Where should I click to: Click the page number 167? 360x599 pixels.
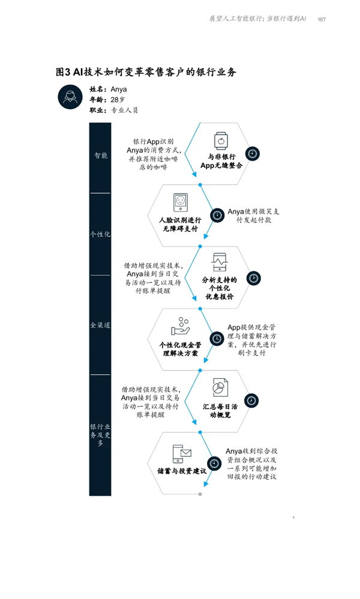(x=322, y=19)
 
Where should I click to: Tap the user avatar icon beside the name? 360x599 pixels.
(x=70, y=97)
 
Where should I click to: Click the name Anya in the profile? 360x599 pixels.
(x=118, y=89)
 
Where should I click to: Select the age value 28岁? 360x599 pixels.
(x=118, y=100)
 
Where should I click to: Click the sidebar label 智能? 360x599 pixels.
(x=101, y=155)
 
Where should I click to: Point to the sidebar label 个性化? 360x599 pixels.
(x=100, y=234)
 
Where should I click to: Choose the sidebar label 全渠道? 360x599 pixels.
(x=100, y=325)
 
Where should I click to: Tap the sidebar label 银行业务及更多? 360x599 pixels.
(x=100, y=435)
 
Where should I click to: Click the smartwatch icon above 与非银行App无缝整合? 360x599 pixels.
(x=221, y=140)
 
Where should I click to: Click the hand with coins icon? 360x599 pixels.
(x=181, y=327)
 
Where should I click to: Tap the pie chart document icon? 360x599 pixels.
(x=220, y=387)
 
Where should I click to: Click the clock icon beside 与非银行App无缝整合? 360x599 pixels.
(x=252, y=153)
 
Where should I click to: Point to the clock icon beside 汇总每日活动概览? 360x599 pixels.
(x=251, y=401)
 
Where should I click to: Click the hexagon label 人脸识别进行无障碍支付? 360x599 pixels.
(x=181, y=225)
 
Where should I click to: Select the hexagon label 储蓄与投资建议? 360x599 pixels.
(x=182, y=471)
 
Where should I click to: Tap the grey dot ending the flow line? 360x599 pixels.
(x=200, y=494)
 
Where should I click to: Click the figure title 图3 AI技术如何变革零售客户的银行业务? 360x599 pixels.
(x=146, y=72)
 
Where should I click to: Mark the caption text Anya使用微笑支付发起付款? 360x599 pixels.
(x=253, y=216)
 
